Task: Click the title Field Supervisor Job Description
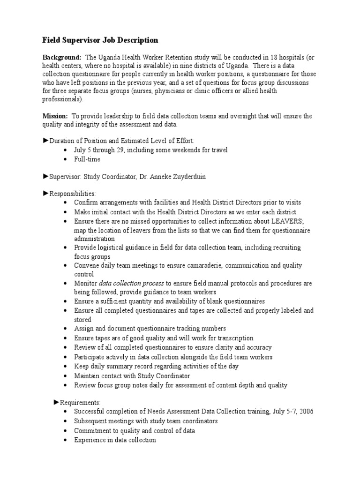(101, 40)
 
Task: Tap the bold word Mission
(55, 116)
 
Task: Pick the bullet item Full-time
(87, 159)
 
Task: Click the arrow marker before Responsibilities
(45, 193)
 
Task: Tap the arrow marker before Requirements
(57, 402)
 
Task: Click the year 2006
(305, 412)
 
